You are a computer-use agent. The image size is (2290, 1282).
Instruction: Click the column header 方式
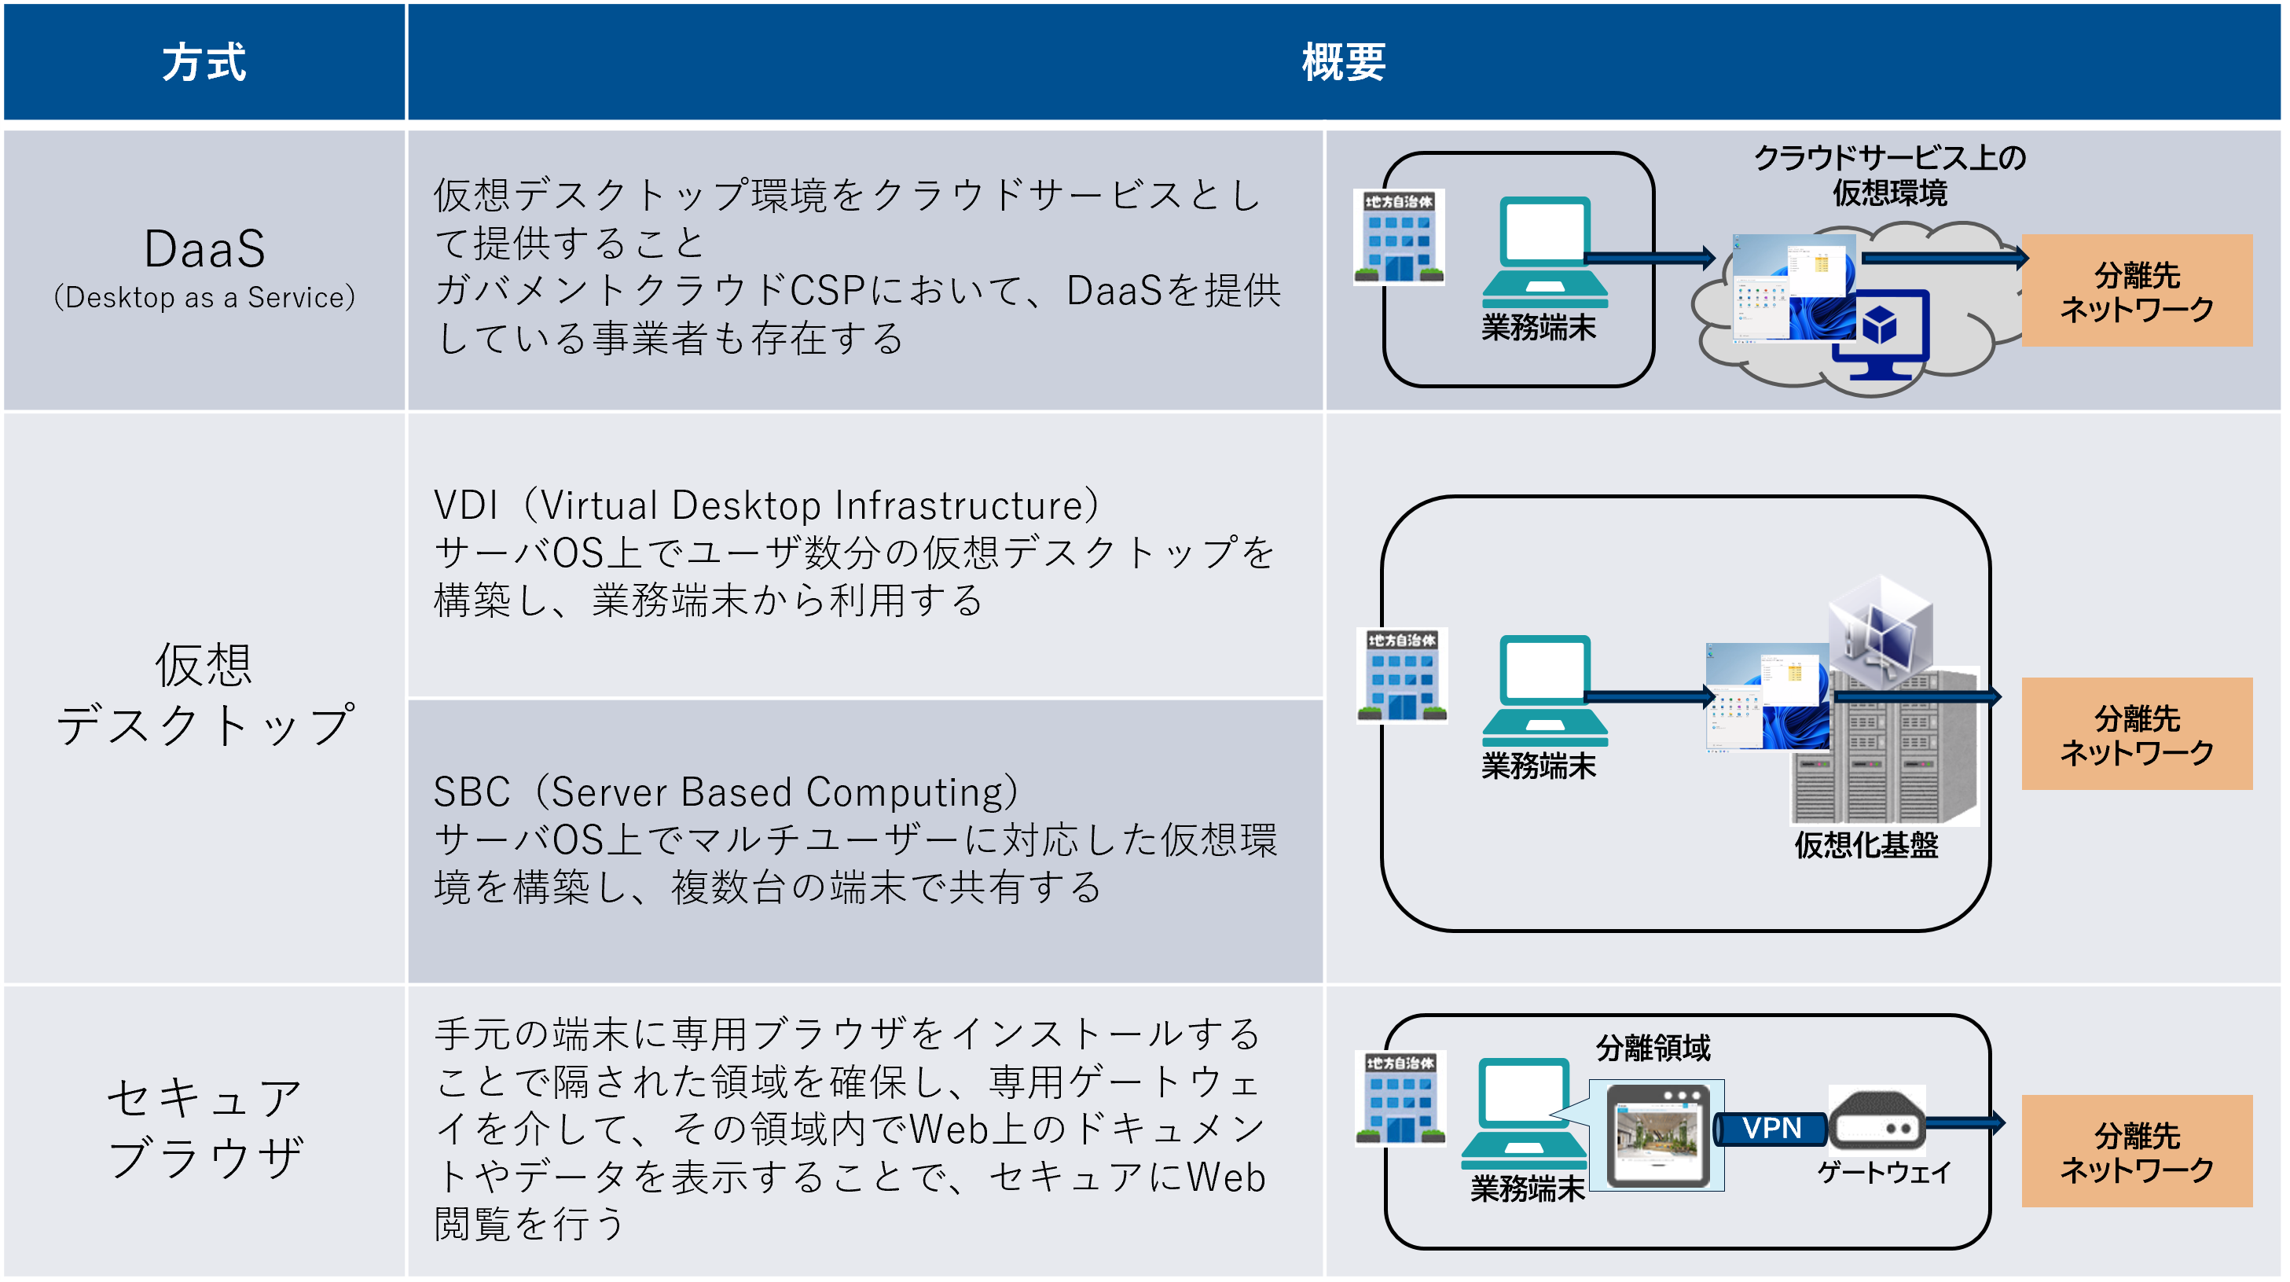click(204, 62)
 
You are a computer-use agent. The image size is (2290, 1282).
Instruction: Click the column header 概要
click(1342, 62)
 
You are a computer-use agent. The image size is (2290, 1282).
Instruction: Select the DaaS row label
click(204, 249)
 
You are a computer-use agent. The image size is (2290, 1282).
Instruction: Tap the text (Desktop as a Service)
click(204, 297)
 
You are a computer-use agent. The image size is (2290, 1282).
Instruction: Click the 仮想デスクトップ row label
click(204, 694)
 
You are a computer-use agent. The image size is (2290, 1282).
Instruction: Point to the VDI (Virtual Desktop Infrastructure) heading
click(765, 505)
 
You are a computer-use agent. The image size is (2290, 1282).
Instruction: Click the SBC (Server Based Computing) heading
click(725, 792)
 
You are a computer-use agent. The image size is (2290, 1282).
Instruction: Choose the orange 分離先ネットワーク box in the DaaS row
click(2136, 291)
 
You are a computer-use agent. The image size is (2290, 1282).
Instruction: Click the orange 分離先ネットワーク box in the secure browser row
click(2136, 1152)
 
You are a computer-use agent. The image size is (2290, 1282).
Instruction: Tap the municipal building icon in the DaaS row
click(1398, 237)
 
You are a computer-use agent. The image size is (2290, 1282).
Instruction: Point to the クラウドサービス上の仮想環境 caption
click(1889, 175)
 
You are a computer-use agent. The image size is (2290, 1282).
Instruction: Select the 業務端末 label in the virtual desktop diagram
click(1538, 766)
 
